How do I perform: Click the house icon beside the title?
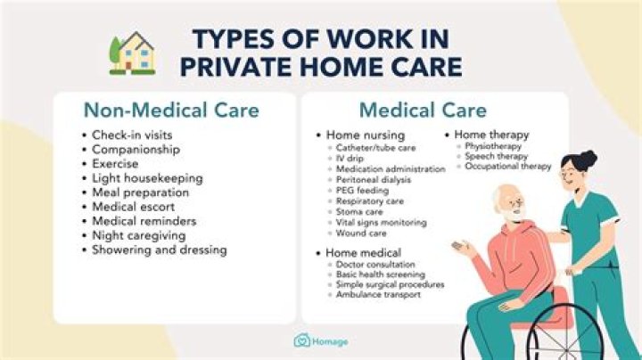131,53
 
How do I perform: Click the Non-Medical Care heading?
171,110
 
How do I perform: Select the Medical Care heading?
423,110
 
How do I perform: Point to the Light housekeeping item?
146,177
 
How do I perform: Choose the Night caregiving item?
138,235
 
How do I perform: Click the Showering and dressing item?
159,250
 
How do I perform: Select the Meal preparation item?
140,192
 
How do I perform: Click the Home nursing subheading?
359,135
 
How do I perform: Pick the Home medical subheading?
363,253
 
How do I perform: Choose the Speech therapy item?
497,156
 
